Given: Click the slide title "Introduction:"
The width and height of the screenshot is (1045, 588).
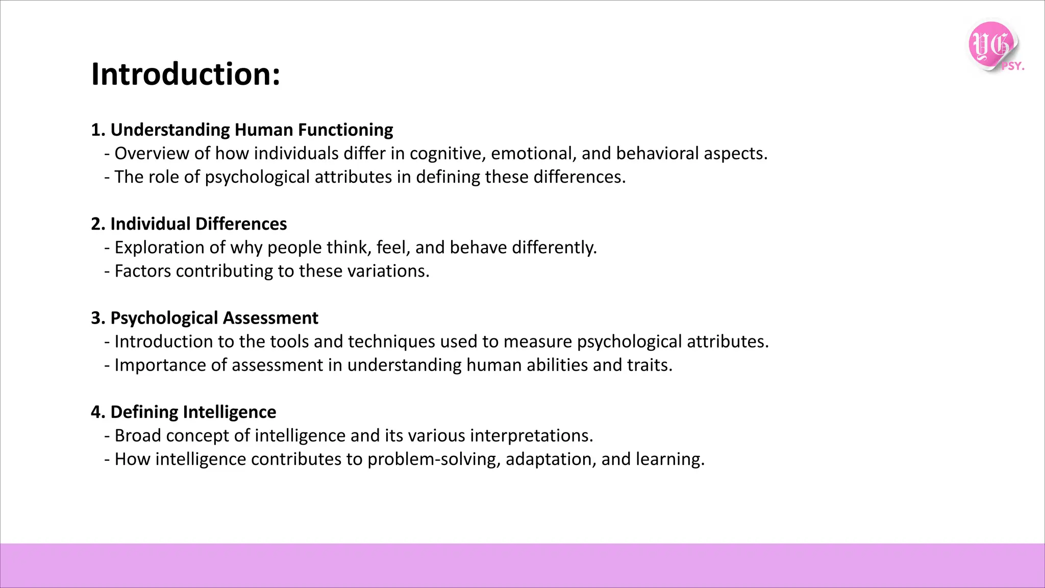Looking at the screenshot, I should [186, 75].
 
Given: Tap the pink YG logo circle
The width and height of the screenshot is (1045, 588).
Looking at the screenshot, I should [990, 45].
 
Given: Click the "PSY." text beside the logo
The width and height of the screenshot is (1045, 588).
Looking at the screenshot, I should [1012, 66].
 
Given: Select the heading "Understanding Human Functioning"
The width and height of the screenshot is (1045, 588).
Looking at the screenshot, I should [252, 130].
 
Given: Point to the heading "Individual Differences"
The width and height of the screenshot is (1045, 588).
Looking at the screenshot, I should [198, 224].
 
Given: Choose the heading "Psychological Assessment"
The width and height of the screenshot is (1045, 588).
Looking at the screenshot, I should [214, 317].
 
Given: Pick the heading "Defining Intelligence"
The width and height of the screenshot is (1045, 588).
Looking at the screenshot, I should [193, 412].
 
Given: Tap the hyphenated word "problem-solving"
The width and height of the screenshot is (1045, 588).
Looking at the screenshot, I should [433, 459].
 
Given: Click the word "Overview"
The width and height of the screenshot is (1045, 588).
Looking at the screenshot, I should [152, 153].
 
